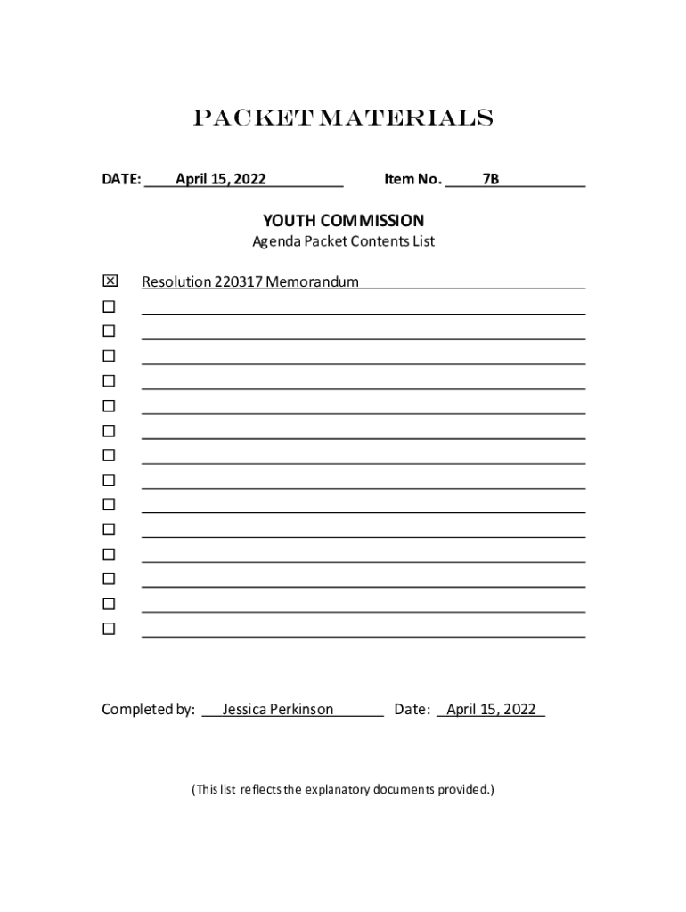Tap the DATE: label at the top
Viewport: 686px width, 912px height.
pos(121,179)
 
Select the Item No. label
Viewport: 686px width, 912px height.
pos(412,179)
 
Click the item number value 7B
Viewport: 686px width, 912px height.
pos(490,179)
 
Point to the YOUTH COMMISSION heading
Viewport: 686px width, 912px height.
pos(343,220)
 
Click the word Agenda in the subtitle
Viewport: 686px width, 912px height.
pos(276,241)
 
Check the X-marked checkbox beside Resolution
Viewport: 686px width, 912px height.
pos(110,281)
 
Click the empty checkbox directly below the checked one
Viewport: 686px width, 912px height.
pos(109,306)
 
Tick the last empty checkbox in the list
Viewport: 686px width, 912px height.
pos(109,629)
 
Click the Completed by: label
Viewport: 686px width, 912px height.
pos(148,710)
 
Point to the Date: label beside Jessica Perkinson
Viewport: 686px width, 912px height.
pos(412,710)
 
